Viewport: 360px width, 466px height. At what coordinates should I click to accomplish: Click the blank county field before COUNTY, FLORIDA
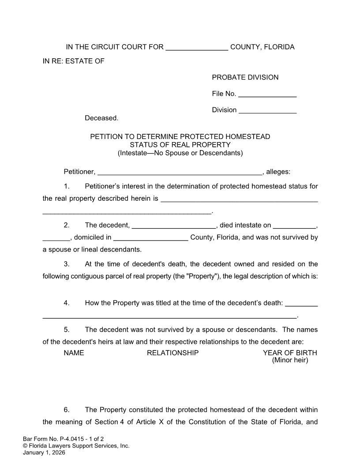click(x=197, y=48)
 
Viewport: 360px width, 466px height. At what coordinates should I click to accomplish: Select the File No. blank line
click(x=267, y=94)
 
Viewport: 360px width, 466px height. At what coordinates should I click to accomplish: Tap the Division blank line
click(x=267, y=110)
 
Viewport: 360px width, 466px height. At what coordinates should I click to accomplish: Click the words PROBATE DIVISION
click(x=245, y=78)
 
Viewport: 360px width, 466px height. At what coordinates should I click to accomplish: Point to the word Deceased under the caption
click(x=101, y=118)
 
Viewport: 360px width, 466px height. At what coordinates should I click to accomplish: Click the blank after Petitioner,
click(x=180, y=172)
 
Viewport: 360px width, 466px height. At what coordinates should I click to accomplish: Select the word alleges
click(x=278, y=172)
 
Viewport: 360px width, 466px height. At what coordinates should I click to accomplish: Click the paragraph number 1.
click(x=67, y=186)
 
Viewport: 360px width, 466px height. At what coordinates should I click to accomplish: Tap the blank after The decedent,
click(x=174, y=225)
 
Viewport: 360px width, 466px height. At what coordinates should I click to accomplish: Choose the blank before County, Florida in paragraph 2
click(x=150, y=237)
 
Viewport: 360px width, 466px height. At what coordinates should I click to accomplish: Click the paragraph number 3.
click(x=67, y=264)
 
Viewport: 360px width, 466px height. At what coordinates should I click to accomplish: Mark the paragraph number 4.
click(x=67, y=303)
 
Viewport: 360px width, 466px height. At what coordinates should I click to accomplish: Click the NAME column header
click(x=74, y=353)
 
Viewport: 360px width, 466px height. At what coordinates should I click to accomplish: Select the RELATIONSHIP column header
click(x=172, y=353)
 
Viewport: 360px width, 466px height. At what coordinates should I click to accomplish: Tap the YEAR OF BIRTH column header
click(x=290, y=353)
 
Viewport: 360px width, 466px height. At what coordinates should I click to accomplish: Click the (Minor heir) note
click(x=290, y=360)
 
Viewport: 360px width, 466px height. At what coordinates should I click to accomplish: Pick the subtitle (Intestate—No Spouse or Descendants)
click(x=180, y=153)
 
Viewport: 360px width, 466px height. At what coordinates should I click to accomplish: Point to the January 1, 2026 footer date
click(x=44, y=452)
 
